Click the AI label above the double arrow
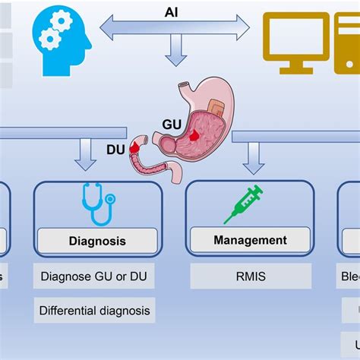[172, 13]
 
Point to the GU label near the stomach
[172, 122]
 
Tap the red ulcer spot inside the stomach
[196, 134]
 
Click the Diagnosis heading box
[97, 242]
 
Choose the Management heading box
[250, 241]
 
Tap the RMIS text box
[250, 276]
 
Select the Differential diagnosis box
[94, 310]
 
